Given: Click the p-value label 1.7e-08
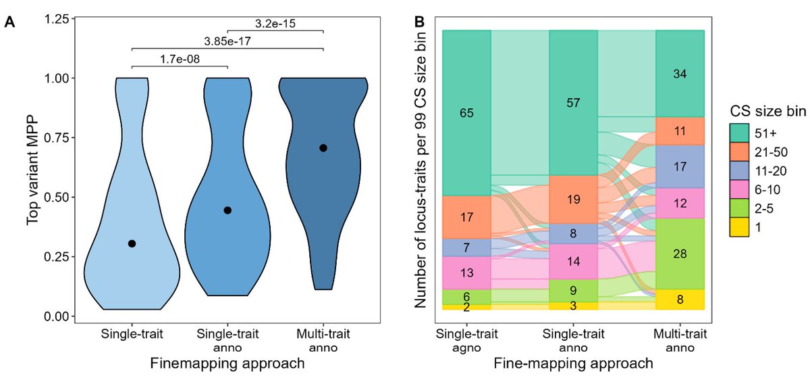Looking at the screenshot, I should [179, 59].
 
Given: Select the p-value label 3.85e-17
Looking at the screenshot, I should [227, 41].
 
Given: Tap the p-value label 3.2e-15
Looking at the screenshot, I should [275, 23].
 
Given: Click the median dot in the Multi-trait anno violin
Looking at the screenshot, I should [323, 148].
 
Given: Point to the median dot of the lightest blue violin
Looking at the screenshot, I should [132, 243].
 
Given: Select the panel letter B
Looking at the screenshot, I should [419, 22].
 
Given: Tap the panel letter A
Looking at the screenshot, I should [9, 22].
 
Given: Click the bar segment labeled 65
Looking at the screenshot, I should [466, 113].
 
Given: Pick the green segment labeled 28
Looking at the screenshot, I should [680, 254].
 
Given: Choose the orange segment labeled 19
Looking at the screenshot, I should [573, 199].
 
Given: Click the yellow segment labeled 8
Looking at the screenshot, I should [680, 300].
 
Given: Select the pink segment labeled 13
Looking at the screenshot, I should [466, 272].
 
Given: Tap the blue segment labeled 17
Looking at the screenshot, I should [680, 166].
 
